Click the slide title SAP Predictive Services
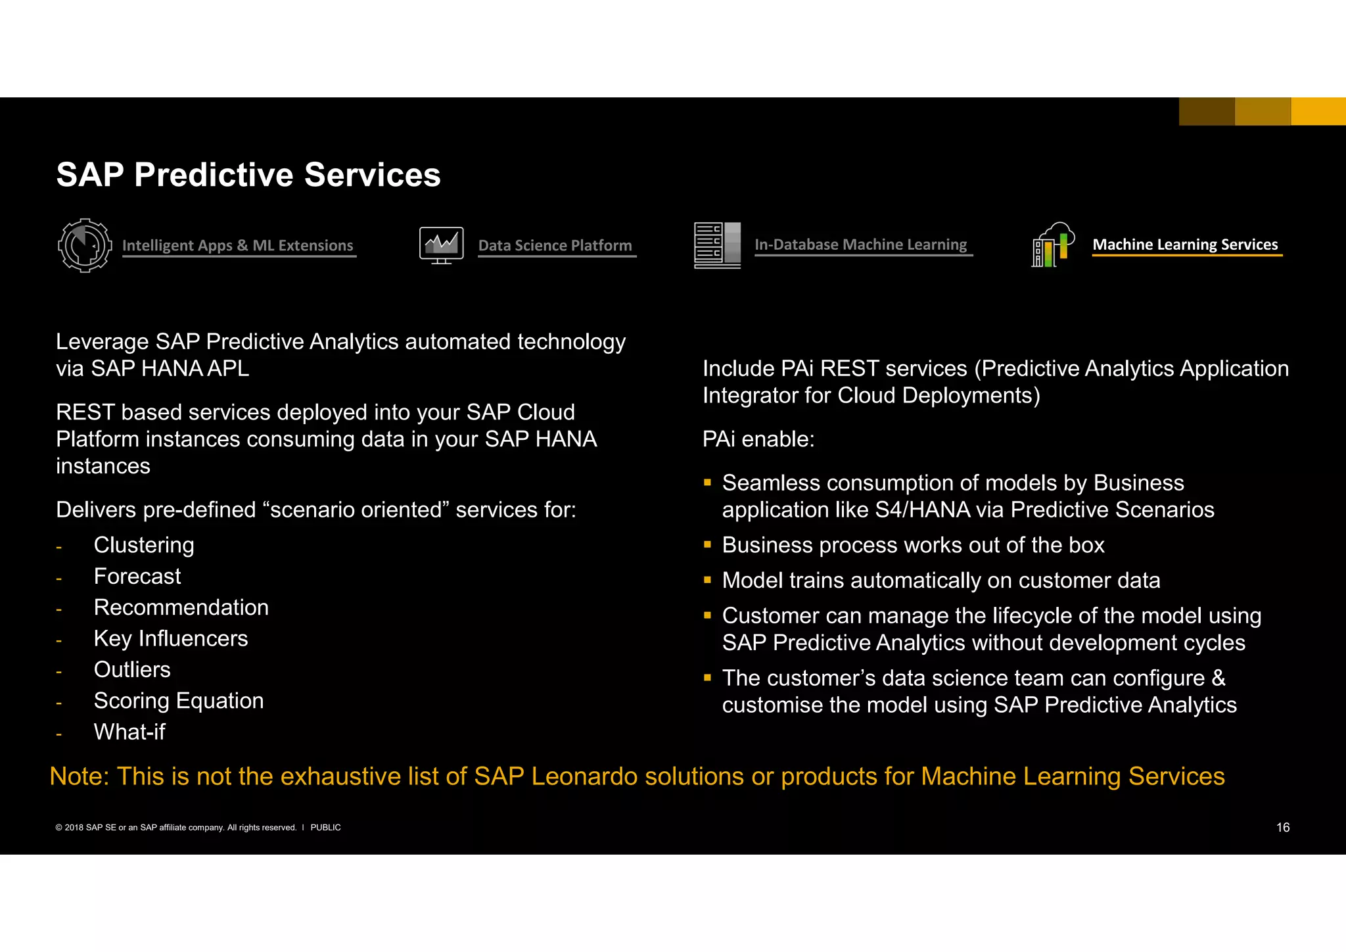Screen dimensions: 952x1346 point(248,175)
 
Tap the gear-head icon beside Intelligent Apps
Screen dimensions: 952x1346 point(84,245)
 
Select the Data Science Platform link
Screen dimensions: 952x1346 point(555,246)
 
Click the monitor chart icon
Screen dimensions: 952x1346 point(442,245)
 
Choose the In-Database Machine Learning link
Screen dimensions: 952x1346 point(861,245)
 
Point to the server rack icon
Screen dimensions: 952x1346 point(717,245)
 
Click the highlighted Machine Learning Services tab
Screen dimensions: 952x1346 point(1185,245)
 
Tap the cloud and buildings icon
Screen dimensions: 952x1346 point(1053,245)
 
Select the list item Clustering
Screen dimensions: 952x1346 point(144,545)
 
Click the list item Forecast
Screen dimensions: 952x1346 point(137,577)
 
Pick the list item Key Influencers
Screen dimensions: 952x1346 point(171,638)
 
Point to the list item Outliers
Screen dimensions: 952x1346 point(132,669)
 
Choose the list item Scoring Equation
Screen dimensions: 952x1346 point(179,701)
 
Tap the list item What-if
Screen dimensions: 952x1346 point(129,732)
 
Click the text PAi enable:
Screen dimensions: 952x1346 point(758,439)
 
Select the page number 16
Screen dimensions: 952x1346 point(1282,828)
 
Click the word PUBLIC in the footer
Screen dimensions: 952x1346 point(325,828)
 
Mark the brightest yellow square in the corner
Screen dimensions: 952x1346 point(1318,111)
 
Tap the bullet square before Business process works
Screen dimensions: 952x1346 point(708,544)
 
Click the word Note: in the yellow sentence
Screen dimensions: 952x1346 point(80,776)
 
